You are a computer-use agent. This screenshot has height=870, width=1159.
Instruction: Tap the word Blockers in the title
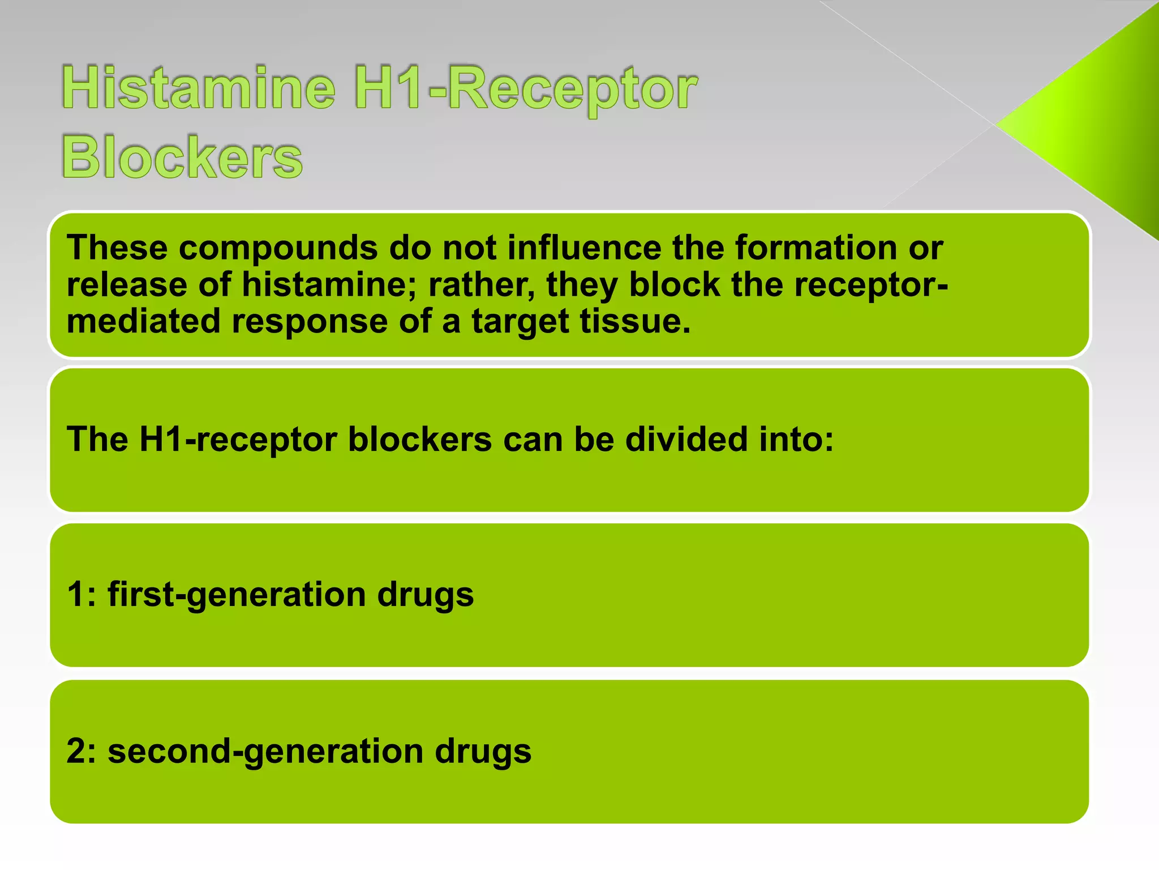point(182,157)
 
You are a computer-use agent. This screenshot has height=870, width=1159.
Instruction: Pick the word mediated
point(143,321)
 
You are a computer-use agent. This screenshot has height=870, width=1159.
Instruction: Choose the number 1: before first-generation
point(81,595)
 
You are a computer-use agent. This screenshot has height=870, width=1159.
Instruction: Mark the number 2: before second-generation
point(81,751)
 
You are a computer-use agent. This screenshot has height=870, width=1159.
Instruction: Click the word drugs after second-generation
point(483,752)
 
